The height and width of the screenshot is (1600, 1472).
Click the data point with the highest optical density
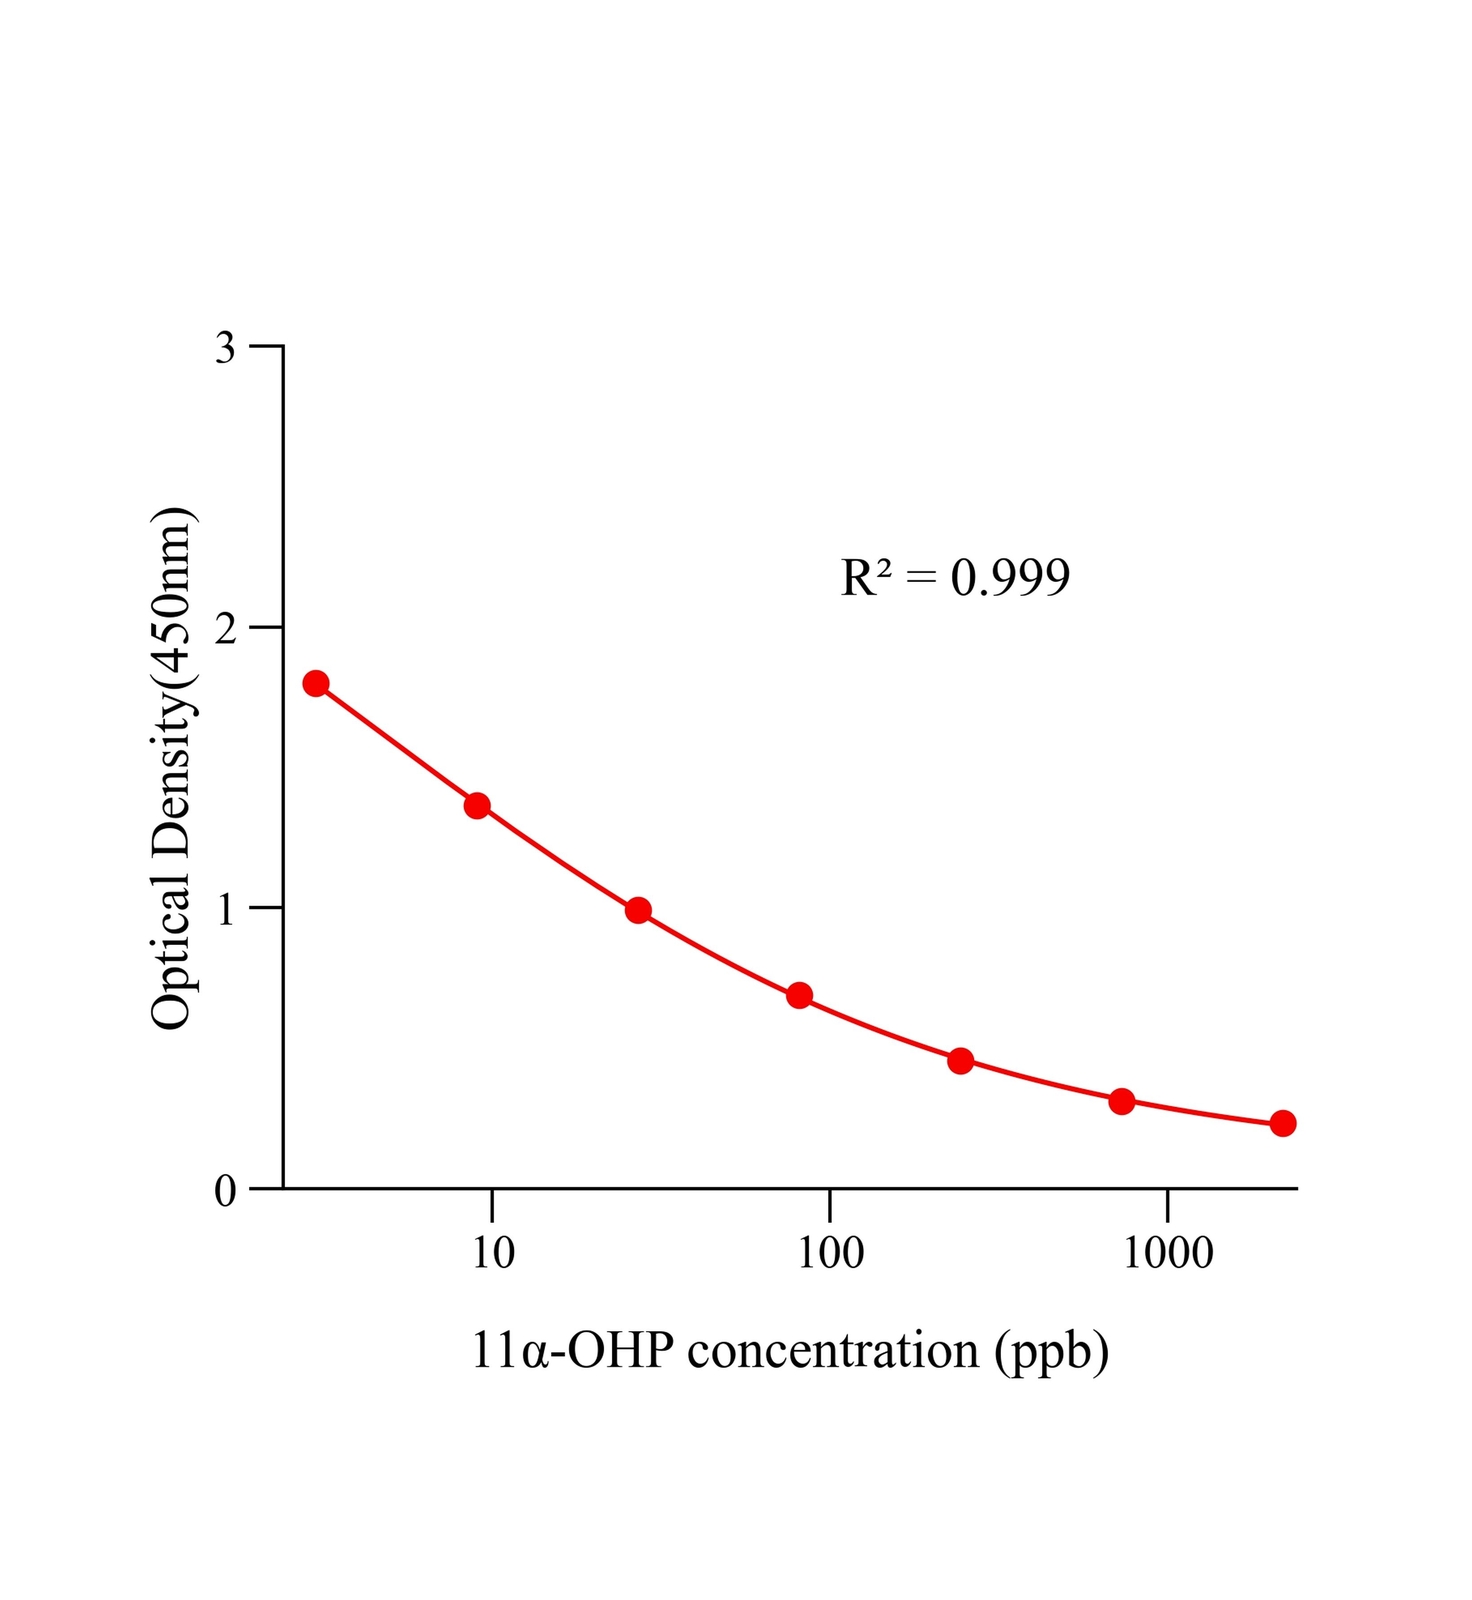point(316,684)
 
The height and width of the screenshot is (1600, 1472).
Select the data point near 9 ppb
point(477,806)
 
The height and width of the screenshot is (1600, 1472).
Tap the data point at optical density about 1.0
point(638,910)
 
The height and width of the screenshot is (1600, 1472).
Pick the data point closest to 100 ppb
point(799,995)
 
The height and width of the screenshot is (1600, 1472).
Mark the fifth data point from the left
point(960,1061)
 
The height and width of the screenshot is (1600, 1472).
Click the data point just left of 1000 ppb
point(1122,1101)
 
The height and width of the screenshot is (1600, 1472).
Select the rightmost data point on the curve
point(1283,1123)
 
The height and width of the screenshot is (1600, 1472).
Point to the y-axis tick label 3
point(225,348)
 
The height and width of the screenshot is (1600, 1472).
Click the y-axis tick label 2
point(225,628)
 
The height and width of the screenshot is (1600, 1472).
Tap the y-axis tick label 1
point(225,909)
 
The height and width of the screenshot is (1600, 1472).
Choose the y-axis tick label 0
point(225,1190)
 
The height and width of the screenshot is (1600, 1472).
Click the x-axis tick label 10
point(492,1253)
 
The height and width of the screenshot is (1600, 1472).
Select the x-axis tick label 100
point(830,1253)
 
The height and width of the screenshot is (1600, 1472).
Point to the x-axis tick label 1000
point(1168,1253)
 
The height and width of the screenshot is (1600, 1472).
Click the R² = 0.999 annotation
point(955,577)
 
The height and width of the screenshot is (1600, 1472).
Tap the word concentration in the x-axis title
point(833,1351)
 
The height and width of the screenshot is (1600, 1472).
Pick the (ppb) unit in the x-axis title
point(1051,1351)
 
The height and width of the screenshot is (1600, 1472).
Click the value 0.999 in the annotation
point(1010,577)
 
